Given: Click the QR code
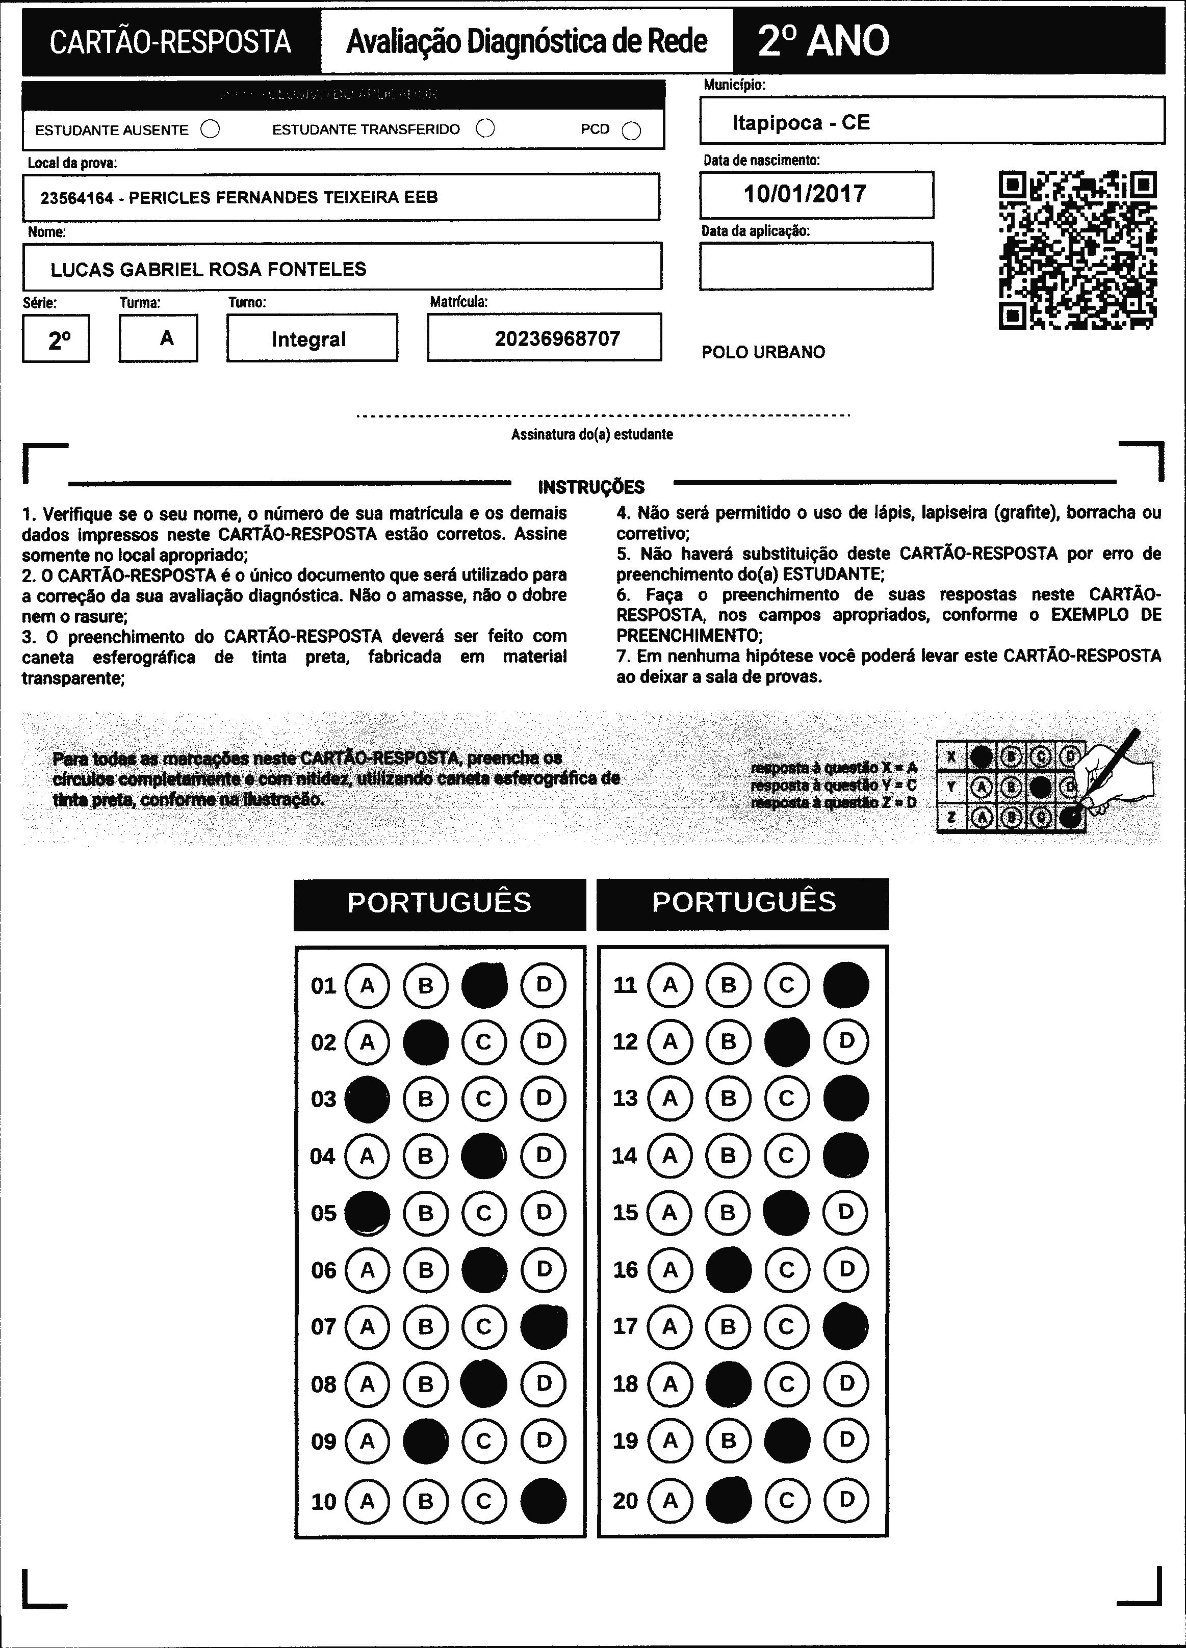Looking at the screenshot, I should coord(1078,250).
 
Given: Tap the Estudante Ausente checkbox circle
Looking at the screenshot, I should coord(210,129).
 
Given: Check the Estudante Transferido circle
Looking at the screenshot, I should coord(485,128).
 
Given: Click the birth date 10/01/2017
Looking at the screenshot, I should coord(805,194).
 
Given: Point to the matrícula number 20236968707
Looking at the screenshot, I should coord(557,338).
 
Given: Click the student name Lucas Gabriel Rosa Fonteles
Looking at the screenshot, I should coord(208,270).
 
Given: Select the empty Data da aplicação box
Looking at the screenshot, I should coord(816,266).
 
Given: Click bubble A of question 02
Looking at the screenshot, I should coord(367,1042).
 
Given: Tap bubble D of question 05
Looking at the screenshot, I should coord(544,1212).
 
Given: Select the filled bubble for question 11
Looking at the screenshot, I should coord(846,985).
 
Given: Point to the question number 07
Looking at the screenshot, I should coord(323,1327).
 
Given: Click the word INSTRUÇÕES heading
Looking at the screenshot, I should coord(591,487).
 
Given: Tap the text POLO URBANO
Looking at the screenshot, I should coord(763,352).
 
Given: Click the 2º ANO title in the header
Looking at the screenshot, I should coord(823,41).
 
